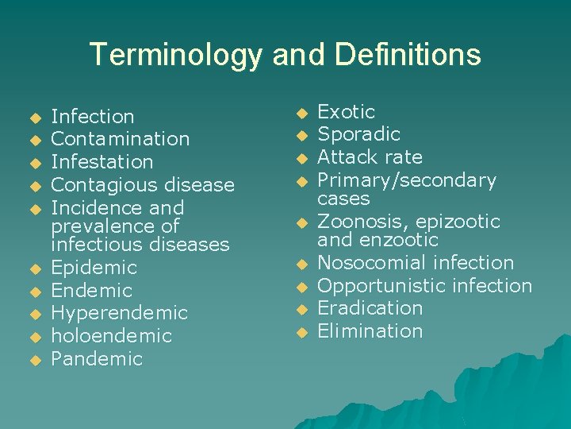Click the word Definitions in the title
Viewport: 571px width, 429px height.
pyautogui.click(x=408, y=55)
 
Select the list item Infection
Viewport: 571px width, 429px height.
pyautogui.click(x=92, y=117)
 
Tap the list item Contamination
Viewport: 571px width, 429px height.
pyautogui.click(x=120, y=139)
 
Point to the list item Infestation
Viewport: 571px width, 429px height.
pyautogui.click(x=102, y=162)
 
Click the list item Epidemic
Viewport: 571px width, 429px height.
pyautogui.click(x=94, y=268)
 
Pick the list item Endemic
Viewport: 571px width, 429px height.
pyautogui.click(x=91, y=291)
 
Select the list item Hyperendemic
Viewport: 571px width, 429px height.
pyautogui.click(x=119, y=313)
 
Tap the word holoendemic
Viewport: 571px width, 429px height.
pyautogui.click(x=111, y=336)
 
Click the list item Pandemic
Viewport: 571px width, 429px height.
pyautogui.click(x=97, y=359)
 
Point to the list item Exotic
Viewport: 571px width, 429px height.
pyautogui.click(x=346, y=112)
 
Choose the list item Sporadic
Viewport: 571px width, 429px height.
pyautogui.click(x=358, y=134)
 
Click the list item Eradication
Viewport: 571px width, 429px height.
pyautogui.click(x=370, y=308)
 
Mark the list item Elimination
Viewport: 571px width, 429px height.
pyautogui.click(x=370, y=331)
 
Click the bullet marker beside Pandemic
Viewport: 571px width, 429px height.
pyautogui.click(x=34, y=361)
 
